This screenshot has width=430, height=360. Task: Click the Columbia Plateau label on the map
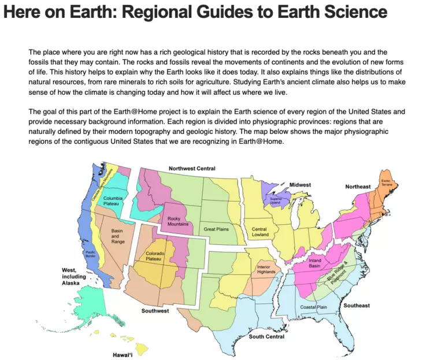coord(112,202)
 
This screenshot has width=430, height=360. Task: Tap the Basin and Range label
coord(117,236)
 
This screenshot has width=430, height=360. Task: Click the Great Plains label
coord(216,229)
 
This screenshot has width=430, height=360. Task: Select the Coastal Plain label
coord(313,307)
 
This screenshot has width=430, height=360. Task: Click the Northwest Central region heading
coord(192,169)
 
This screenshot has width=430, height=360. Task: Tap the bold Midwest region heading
coord(300,185)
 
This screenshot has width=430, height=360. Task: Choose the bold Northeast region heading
coord(358,187)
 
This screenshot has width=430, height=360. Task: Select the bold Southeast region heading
coord(356,305)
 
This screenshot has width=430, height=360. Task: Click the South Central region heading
coord(266,336)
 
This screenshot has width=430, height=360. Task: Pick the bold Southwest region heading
coord(155,311)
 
